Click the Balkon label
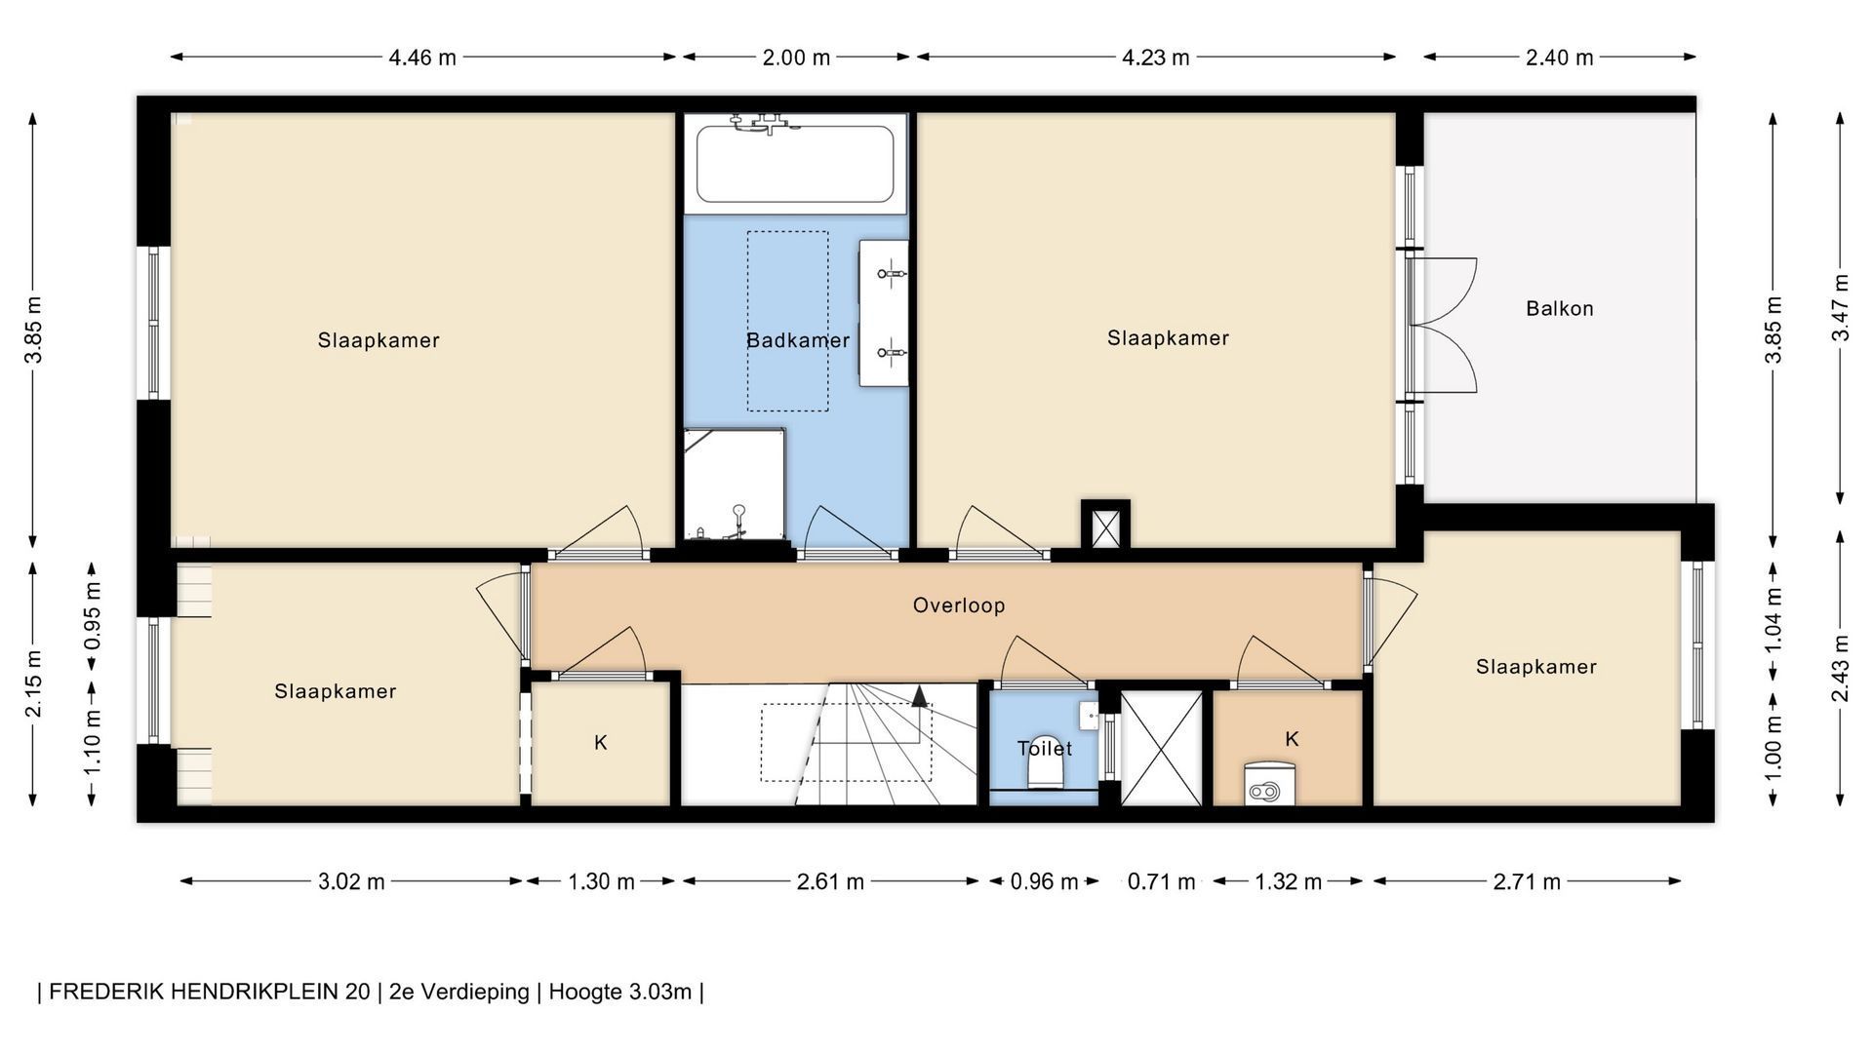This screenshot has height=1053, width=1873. (1559, 309)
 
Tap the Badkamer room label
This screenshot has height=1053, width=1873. (798, 340)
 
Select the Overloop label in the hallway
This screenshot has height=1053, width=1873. (959, 605)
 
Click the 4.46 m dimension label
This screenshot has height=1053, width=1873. (422, 58)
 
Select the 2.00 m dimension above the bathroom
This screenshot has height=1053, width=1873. (796, 58)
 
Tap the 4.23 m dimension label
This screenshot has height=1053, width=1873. (1155, 58)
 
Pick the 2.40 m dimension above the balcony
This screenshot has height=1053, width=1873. (1559, 58)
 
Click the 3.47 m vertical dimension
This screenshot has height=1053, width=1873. (1841, 307)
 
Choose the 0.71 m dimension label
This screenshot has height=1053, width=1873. (1161, 882)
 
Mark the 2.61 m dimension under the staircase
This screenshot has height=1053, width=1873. (830, 882)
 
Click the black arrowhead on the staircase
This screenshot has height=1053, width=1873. (919, 694)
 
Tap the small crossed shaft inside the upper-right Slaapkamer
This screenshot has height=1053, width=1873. (1105, 528)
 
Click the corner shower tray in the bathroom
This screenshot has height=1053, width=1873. (735, 484)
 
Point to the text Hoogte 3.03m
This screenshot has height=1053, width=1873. (619, 993)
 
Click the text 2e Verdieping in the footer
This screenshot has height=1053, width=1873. (458, 993)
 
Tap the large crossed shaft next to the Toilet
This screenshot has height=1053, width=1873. (1161, 749)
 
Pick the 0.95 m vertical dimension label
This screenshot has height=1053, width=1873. (93, 615)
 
